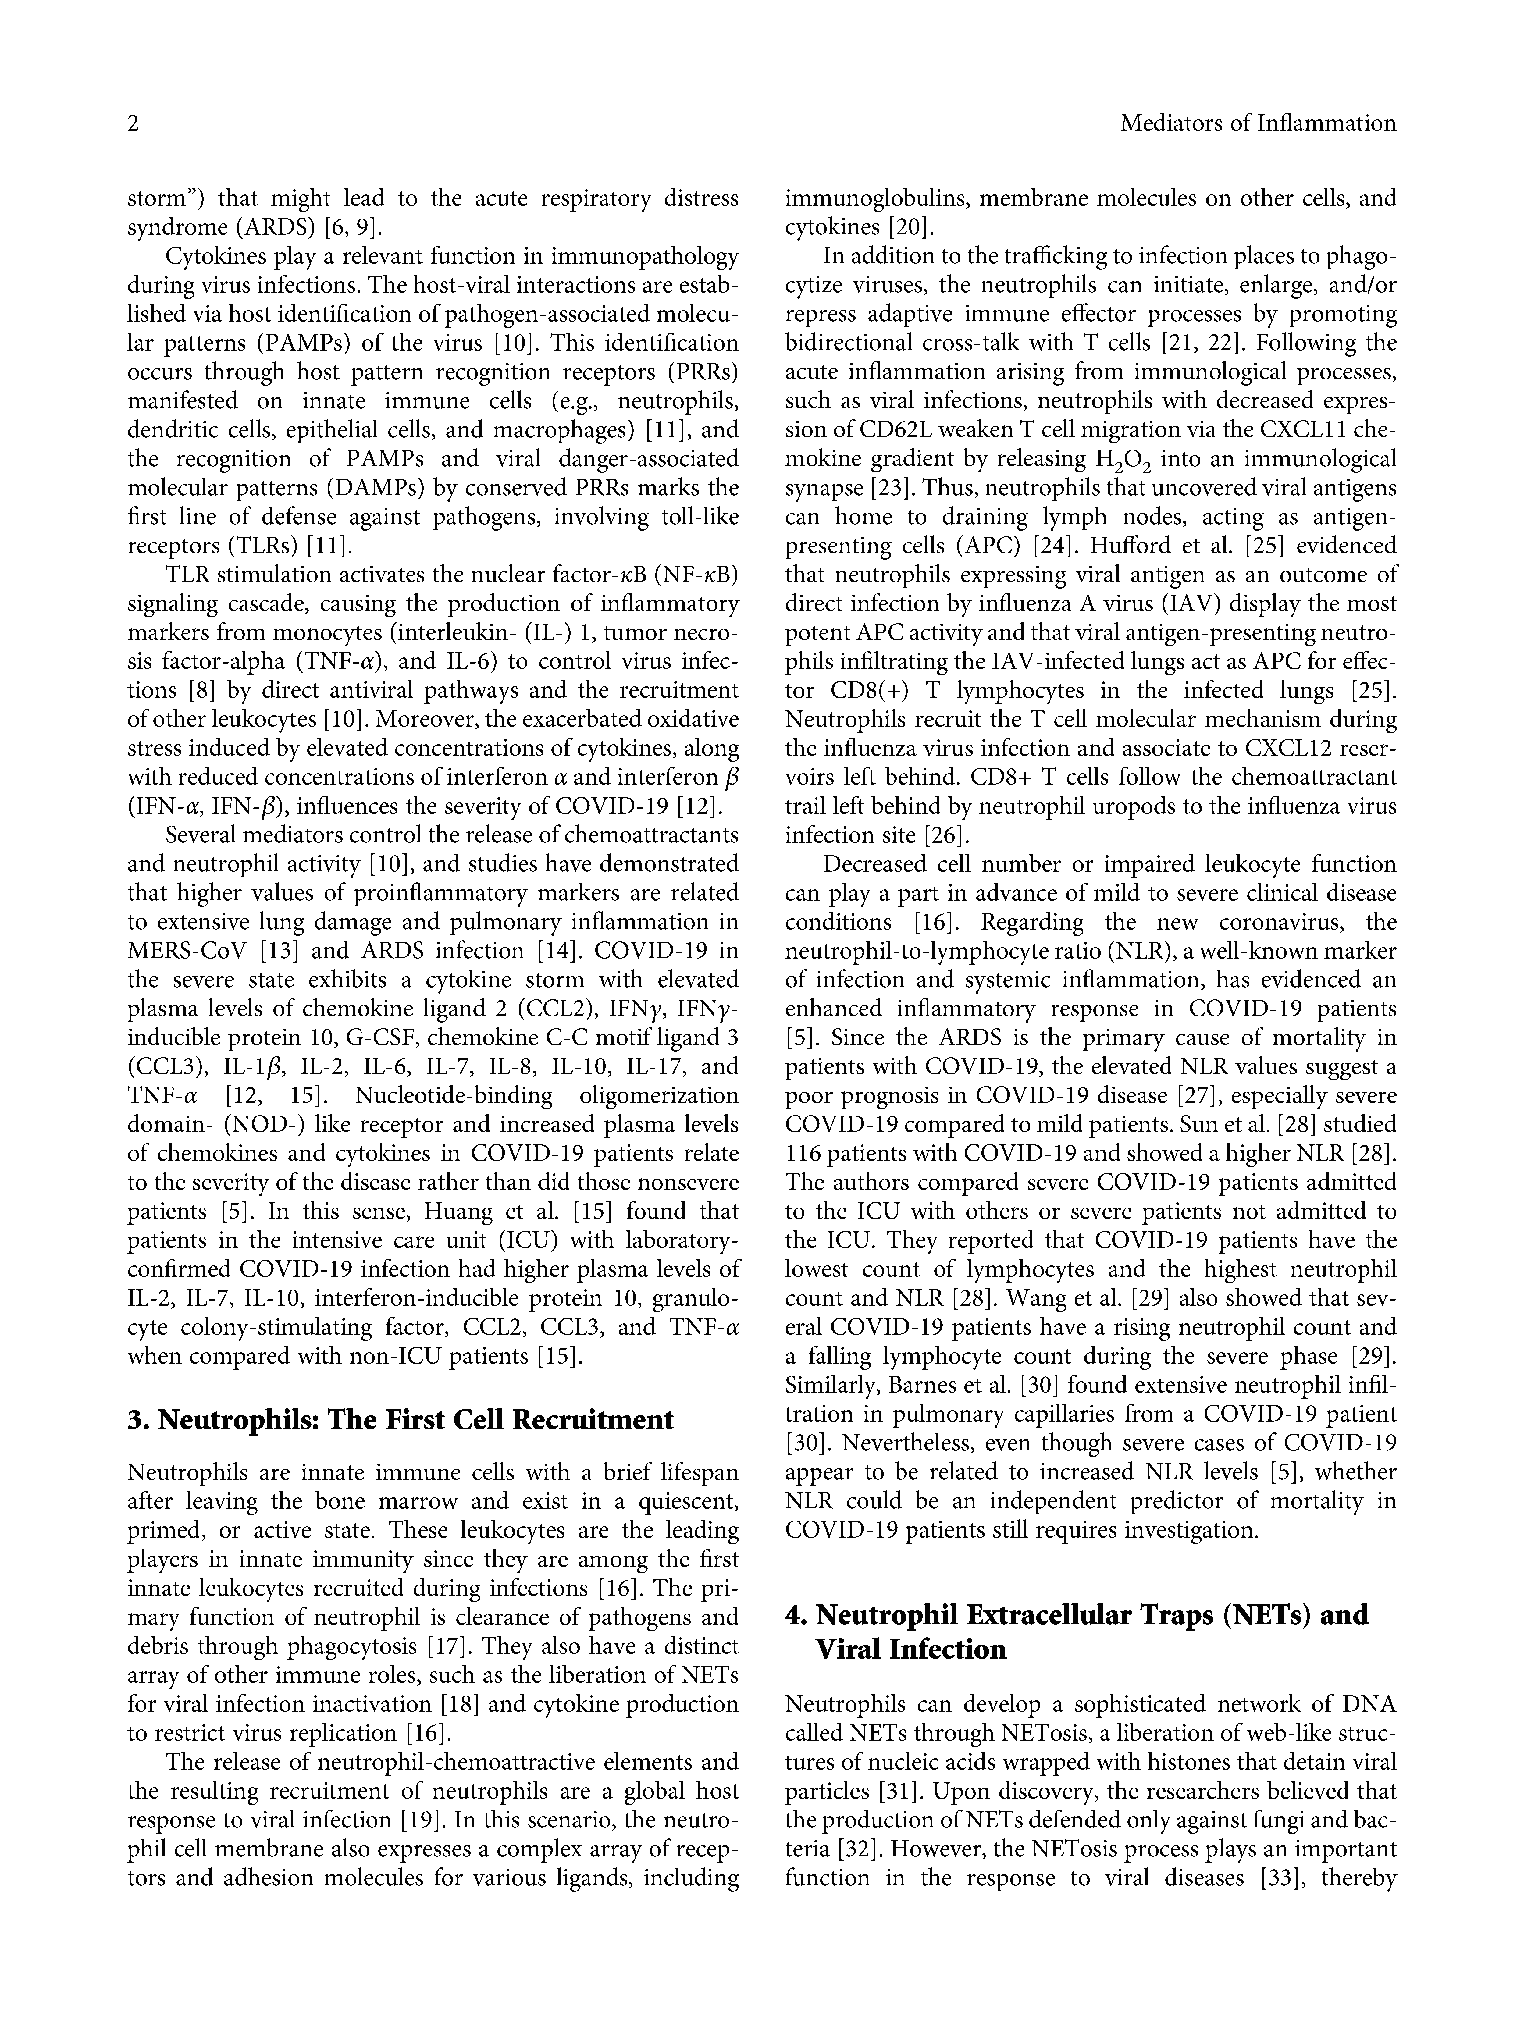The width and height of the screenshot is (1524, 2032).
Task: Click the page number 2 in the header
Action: (x=133, y=124)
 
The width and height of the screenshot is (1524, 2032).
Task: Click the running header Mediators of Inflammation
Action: (x=1258, y=124)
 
